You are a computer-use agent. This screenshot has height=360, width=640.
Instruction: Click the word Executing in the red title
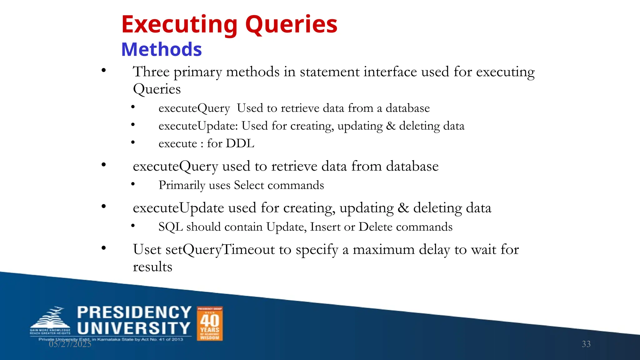179,25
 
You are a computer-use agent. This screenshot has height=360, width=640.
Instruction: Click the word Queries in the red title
291,25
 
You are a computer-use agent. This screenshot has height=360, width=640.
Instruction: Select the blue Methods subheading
162,50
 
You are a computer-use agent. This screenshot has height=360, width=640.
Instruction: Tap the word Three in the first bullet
151,72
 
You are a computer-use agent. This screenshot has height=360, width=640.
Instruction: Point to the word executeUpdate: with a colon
198,126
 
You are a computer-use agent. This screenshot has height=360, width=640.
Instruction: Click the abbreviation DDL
240,143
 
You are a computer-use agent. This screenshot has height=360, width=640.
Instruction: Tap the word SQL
171,227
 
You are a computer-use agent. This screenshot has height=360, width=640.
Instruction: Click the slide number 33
586,344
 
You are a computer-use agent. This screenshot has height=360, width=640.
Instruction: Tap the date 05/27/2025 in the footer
70,344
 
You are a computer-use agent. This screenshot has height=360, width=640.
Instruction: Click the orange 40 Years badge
210,323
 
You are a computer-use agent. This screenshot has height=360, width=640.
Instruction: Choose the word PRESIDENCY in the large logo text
134,312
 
